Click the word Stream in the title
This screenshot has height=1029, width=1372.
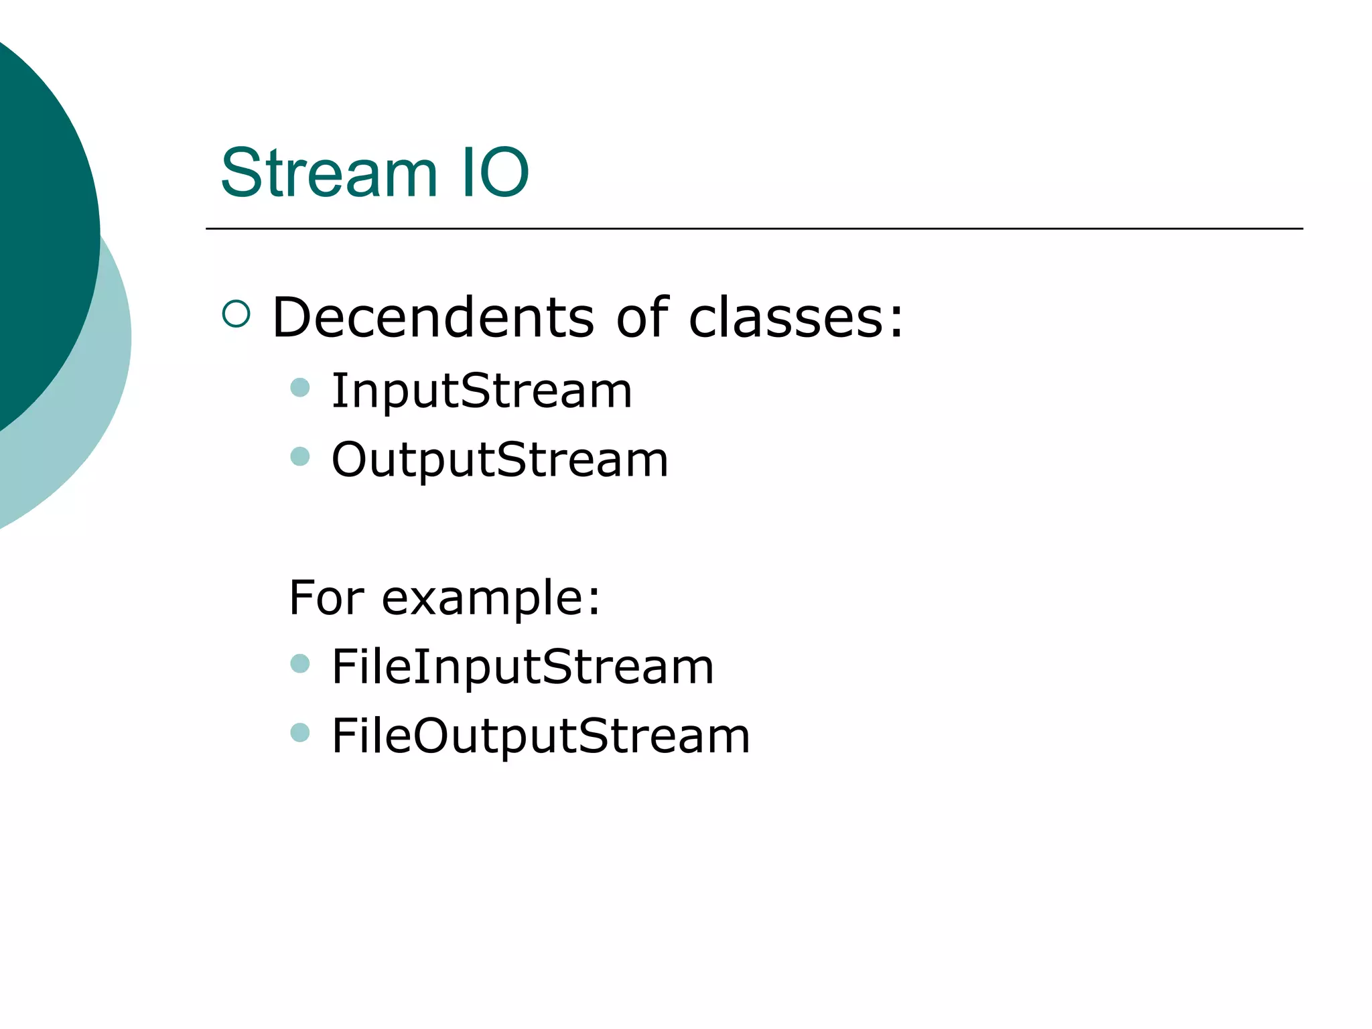(x=329, y=173)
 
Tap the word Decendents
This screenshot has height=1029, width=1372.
(x=433, y=317)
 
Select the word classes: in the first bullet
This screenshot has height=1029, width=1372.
(x=796, y=317)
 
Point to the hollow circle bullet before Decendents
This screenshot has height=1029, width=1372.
(x=236, y=314)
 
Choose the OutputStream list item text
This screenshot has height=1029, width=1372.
(x=500, y=460)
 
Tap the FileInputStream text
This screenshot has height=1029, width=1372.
(x=523, y=667)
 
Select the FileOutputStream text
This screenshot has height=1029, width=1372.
(x=541, y=736)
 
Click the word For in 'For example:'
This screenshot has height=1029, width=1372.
(x=326, y=597)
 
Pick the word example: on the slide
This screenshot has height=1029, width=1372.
(x=490, y=598)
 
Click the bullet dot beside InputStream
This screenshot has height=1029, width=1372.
(x=300, y=387)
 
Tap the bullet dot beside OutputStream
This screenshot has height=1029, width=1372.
(x=300, y=456)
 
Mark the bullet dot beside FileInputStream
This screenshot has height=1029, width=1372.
(x=300, y=663)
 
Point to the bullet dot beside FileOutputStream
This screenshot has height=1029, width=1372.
(x=300, y=732)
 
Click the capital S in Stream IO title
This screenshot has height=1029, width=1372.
(x=241, y=173)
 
